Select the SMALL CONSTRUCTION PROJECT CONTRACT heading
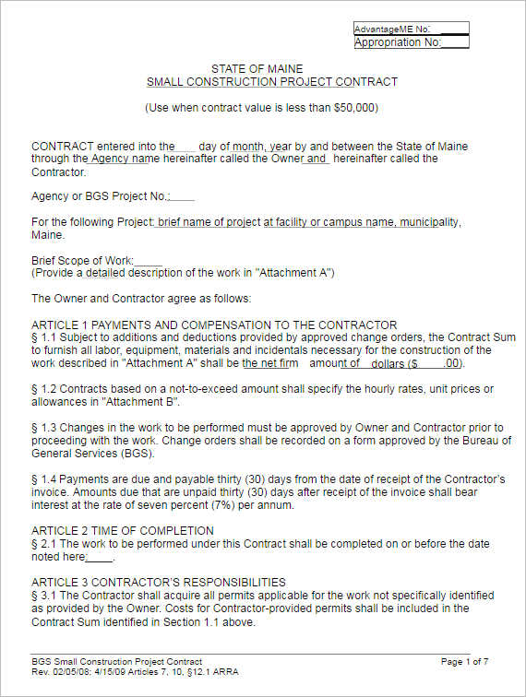(x=272, y=82)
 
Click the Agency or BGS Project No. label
(x=101, y=196)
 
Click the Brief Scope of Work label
(x=83, y=261)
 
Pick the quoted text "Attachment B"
(x=143, y=402)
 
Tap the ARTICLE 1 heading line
(x=214, y=325)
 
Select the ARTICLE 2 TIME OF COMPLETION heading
(x=123, y=530)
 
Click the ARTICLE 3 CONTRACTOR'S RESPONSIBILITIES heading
(x=159, y=582)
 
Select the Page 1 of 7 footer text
(x=464, y=662)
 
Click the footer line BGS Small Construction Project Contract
(x=116, y=662)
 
